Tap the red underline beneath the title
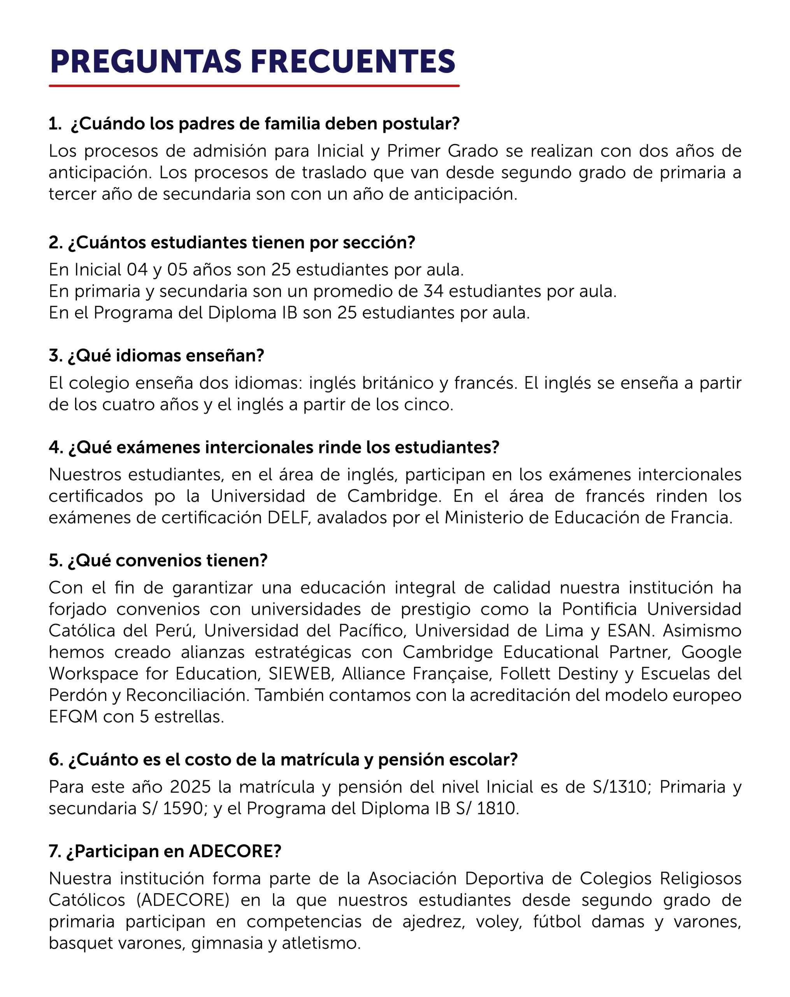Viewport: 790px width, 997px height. pos(254,86)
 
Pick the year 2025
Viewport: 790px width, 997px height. pos(190,787)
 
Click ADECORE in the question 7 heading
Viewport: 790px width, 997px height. pos(235,851)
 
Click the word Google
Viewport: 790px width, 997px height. pos(711,652)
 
